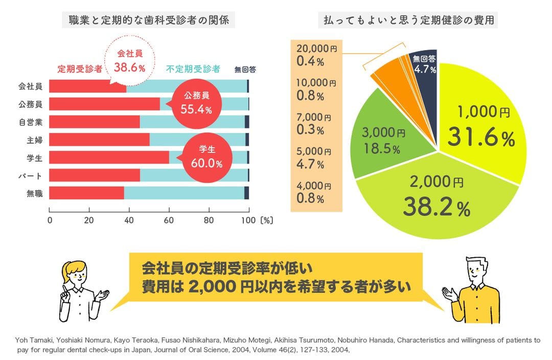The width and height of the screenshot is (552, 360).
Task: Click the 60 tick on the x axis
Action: [169, 220]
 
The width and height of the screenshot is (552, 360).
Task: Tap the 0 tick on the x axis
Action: [50, 220]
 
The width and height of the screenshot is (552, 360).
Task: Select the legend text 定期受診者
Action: [80, 69]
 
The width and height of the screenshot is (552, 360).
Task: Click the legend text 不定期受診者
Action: [193, 69]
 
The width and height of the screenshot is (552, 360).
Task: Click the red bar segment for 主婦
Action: [99, 140]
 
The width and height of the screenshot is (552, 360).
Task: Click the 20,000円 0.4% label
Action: [317, 55]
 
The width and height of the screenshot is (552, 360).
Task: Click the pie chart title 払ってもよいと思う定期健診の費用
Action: [408, 21]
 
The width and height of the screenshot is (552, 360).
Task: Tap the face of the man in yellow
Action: [476, 271]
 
